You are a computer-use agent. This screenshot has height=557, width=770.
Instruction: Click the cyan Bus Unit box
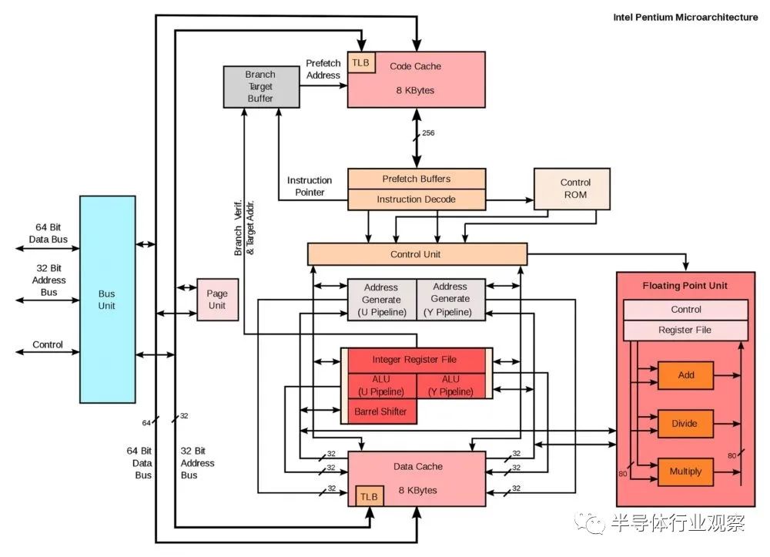(108, 300)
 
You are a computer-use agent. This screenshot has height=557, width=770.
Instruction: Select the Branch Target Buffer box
(261, 87)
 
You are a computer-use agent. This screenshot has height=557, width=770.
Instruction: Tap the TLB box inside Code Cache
(361, 62)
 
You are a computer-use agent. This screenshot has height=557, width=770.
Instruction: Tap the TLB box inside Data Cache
(370, 496)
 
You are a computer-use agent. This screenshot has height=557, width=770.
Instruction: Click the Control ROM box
(572, 189)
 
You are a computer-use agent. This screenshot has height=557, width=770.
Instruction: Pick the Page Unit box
(218, 300)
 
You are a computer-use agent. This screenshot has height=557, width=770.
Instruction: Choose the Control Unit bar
(417, 254)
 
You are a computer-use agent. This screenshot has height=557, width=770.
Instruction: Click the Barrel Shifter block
(381, 411)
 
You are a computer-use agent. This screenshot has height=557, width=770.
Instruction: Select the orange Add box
(685, 375)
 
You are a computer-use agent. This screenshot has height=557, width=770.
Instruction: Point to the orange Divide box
(685, 424)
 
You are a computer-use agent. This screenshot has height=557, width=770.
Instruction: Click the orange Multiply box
(685, 471)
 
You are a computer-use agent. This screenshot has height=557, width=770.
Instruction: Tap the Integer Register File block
(417, 360)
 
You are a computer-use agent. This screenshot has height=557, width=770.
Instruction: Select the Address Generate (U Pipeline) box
(382, 300)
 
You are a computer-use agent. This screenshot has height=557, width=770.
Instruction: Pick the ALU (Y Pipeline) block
(450, 385)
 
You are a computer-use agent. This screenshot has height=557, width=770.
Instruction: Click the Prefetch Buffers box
(417, 179)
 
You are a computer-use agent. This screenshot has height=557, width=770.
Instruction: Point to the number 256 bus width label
(428, 133)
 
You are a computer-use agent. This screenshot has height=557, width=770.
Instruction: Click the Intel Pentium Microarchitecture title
(685, 17)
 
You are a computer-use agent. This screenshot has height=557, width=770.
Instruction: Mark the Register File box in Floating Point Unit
(685, 330)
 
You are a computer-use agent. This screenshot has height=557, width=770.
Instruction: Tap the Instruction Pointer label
(310, 186)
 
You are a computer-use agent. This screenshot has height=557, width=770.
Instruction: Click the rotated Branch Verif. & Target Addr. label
(244, 227)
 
